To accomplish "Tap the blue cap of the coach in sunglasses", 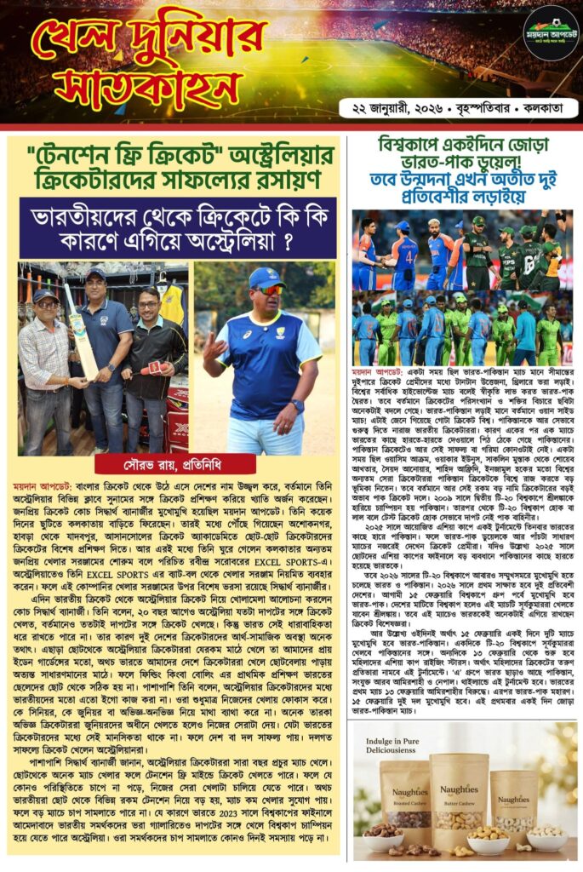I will click(x=266, y=278).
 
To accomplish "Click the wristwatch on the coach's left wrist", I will click(x=296, y=404).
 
